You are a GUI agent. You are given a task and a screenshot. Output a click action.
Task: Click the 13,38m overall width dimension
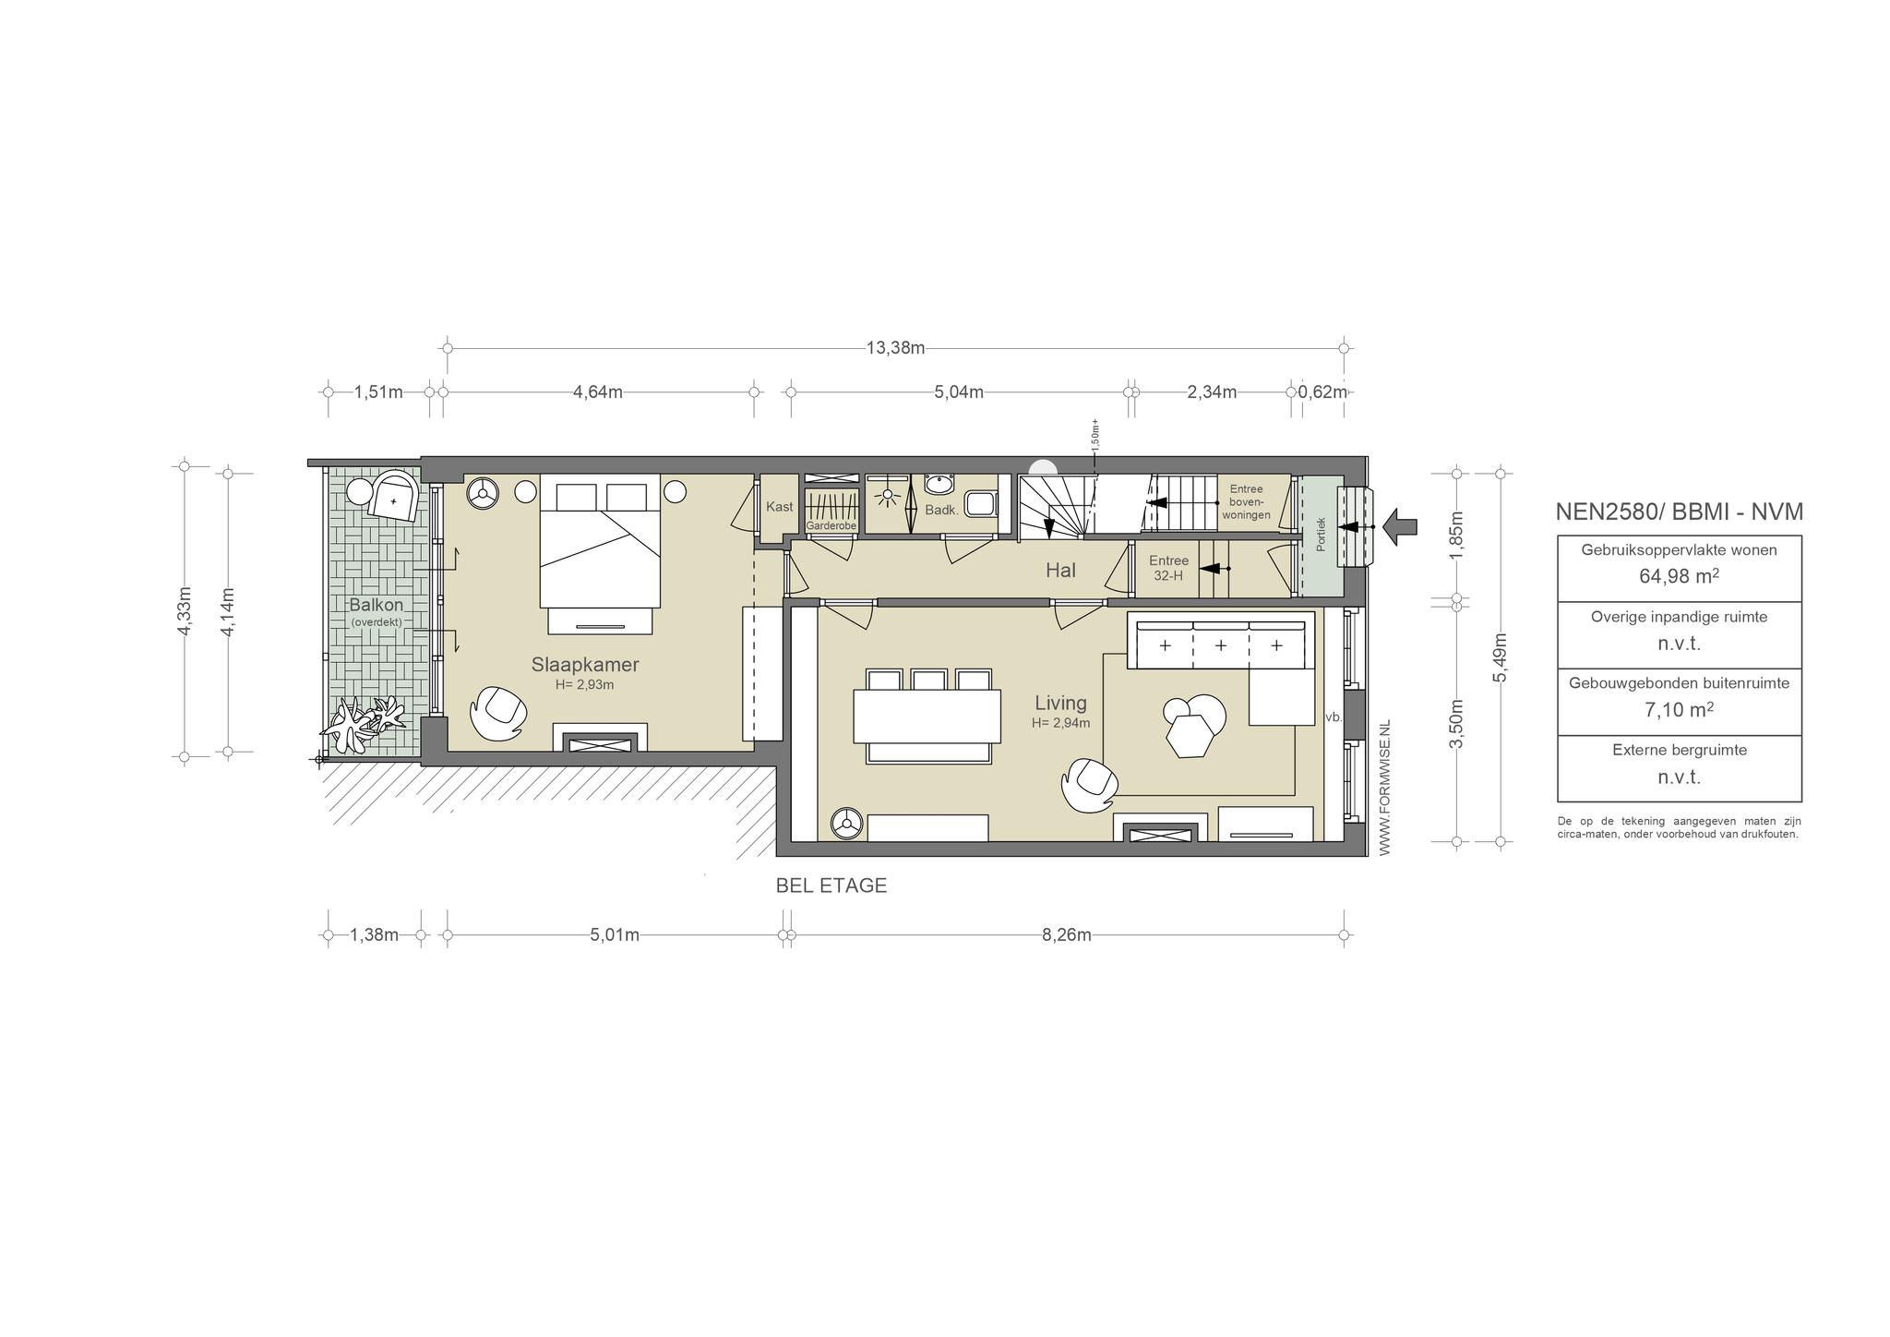pyautogui.click(x=895, y=348)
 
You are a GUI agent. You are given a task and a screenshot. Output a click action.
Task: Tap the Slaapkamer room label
pyautogui.click(x=585, y=665)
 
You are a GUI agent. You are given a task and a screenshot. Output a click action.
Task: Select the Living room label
pyautogui.click(x=1060, y=703)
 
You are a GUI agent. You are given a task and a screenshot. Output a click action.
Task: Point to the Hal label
pyautogui.click(x=1060, y=571)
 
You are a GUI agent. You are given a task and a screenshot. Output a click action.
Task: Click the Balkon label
pyautogui.click(x=377, y=606)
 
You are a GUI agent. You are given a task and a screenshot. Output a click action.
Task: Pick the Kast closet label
pyautogui.click(x=780, y=507)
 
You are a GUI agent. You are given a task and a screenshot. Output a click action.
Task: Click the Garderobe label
pyautogui.click(x=831, y=525)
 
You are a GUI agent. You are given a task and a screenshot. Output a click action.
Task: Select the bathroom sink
pyautogui.click(x=939, y=484)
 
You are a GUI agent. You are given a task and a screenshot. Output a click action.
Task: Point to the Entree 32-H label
pyautogui.click(x=1168, y=568)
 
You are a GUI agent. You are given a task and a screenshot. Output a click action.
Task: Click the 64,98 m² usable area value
pyautogui.click(x=1679, y=576)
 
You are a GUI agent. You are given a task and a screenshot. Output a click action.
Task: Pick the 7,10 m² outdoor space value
pyautogui.click(x=1679, y=710)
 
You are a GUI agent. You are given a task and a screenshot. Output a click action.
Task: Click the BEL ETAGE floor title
pyautogui.click(x=831, y=885)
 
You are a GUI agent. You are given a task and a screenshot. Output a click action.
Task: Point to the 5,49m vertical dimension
pyautogui.click(x=1501, y=657)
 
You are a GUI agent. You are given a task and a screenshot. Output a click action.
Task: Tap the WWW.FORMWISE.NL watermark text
pyautogui.click(x=1384, y=788)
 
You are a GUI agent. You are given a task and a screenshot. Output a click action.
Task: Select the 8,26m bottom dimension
pyautogui.click(x=1067, y=935)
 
